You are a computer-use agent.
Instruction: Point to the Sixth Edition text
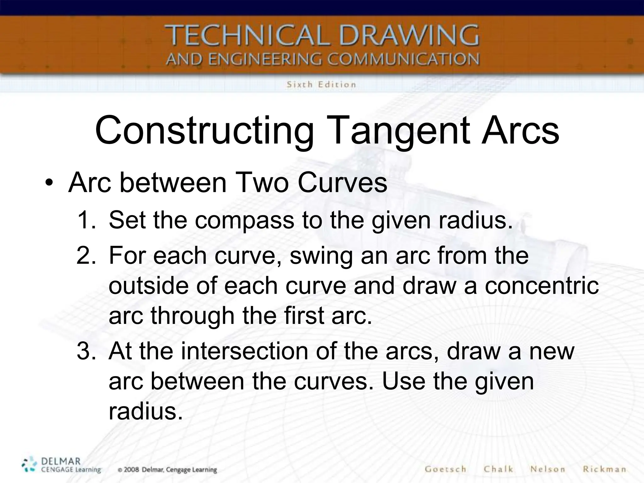point(321,85)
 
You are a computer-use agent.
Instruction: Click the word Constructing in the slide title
point(204,130)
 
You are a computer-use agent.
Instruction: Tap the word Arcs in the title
point(520,130)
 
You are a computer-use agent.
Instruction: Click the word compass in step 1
point(244,220)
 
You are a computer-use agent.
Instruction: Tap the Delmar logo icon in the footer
point(29,465)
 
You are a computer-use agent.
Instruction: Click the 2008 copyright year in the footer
point(131,470)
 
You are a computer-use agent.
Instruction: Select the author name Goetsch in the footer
point(445,469)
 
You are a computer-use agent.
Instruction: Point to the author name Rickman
point(604,469)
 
